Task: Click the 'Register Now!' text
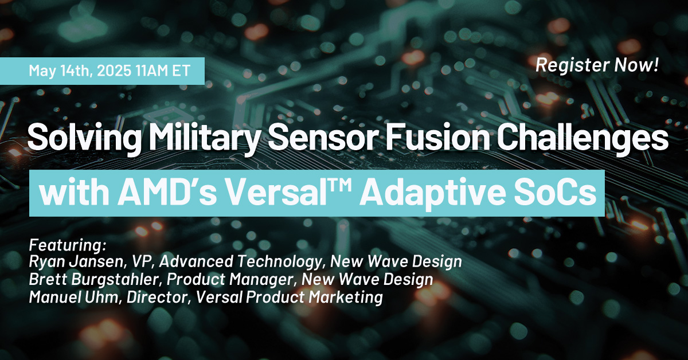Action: [596, 65]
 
